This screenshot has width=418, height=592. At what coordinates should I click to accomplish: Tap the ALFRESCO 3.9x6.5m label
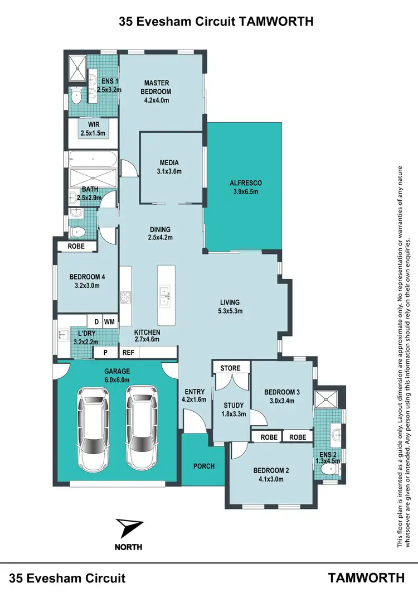tap(245, 187)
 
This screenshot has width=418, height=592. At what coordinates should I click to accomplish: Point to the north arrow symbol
tap(129, 528)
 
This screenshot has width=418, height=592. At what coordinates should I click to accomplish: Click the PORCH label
tap(204, 466)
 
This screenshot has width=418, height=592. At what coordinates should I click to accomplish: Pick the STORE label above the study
tap(230, 368)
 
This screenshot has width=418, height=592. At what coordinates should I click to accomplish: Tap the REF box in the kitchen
tap(128, 352)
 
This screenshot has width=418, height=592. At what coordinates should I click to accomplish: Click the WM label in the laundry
tap(109, 322)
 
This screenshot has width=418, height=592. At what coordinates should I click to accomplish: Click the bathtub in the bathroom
tap(93, 160)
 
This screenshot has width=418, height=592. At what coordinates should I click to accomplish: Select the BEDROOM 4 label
tap(88, 281)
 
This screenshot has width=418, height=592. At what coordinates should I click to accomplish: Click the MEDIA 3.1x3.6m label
tap(169, 167)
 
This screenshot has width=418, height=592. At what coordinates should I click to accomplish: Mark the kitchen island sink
tap(165, 296)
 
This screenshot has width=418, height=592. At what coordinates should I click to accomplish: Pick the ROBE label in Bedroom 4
tap(76, 246)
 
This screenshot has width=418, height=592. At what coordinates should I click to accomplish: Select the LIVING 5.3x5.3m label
tap(230, 307)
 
